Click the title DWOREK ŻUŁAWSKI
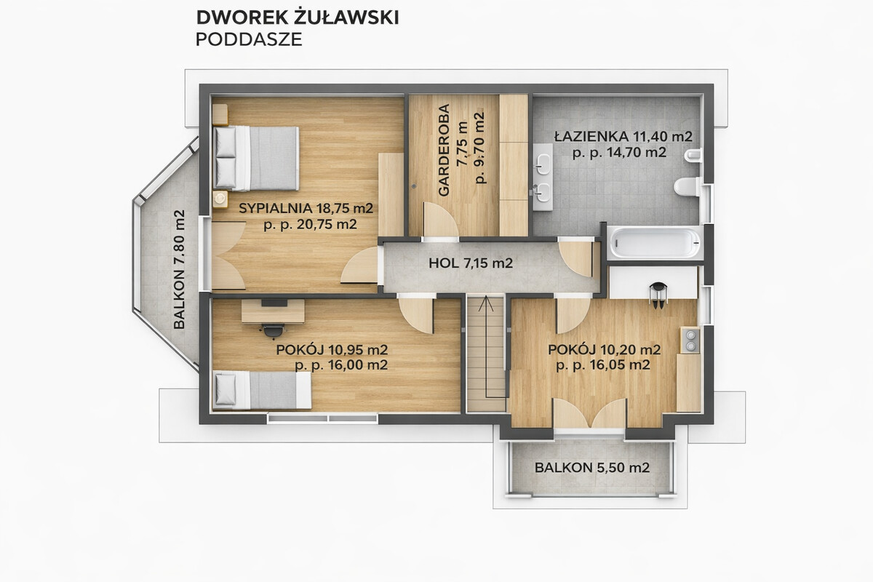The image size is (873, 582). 298,17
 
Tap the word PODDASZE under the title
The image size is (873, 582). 249,39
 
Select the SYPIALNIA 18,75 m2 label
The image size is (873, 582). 306,208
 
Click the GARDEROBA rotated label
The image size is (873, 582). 444,150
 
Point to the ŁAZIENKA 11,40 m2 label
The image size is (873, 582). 623,137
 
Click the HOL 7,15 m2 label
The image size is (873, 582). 471,263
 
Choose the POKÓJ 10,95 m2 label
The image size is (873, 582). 332,350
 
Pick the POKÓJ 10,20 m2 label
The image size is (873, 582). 605,350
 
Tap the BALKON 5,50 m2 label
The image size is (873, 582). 592,467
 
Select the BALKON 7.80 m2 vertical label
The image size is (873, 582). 179,269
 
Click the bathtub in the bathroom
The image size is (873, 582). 655,243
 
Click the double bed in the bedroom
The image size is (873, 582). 256,159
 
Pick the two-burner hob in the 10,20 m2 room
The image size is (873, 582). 690,340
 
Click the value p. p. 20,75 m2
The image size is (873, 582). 310,225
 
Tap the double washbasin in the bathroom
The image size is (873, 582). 543,177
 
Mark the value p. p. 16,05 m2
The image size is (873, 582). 603,365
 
